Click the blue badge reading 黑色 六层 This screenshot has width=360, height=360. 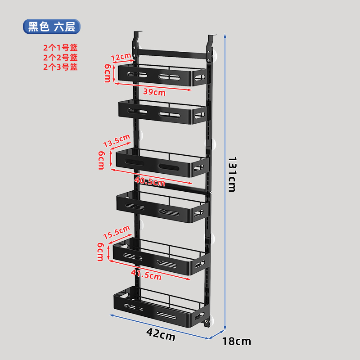(x=51, y=27)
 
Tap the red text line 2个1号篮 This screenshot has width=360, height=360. (x=60, y=48)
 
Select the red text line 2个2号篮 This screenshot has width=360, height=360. (x=60, y=57)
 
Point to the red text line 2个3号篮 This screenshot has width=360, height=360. (x=60, y=67)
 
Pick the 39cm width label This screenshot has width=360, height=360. (x=154, y=92)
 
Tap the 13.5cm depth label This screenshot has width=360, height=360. (x=116, y=141)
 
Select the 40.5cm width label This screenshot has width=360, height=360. (x=150, y=182)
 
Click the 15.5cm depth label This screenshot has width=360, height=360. (x=116, y=233)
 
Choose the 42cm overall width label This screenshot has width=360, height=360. (x=161, y=334)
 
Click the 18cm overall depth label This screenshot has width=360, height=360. (x=237, y=341)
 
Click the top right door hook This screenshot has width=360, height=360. (x=212, y=40)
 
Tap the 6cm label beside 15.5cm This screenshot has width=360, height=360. (x=101, y=252)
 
